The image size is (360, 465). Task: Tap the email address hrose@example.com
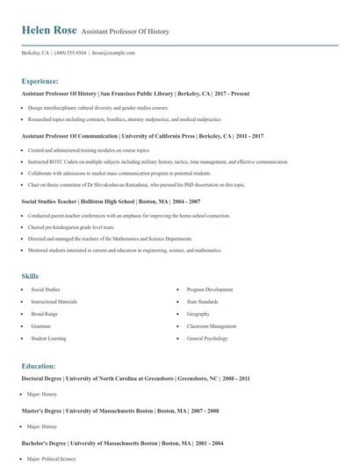point(113,53)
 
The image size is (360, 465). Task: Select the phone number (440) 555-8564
point(70,53)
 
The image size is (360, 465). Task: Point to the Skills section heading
point(31,276)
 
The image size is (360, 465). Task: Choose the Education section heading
point(39,366)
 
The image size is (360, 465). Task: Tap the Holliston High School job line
point(105,201)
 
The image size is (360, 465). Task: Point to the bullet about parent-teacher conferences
point(128,215)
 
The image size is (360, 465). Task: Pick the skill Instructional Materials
point(54,301)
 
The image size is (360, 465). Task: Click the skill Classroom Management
point(211,325)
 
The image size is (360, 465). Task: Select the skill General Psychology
point(207,338)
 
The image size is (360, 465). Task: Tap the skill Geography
point(198,313)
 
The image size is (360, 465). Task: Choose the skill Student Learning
point(48,338)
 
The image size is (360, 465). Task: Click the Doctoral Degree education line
point(135,379)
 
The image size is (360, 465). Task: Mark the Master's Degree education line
point(120,411)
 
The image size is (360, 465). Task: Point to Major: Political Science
point(52,458)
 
